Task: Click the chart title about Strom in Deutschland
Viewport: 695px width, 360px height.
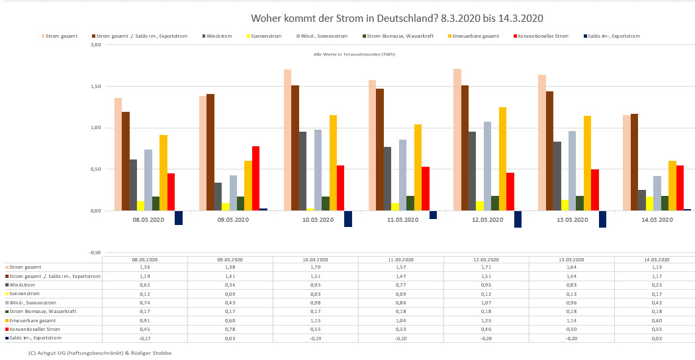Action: (397, 18)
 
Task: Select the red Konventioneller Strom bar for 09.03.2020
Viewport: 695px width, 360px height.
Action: (255, 178)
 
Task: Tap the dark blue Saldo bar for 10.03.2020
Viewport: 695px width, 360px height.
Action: (348, 218)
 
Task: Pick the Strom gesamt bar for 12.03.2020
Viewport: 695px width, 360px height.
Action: (457, 140)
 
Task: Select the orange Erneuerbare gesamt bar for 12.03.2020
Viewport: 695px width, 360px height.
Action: (503, 159)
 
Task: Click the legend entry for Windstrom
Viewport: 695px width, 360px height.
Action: (217, 36)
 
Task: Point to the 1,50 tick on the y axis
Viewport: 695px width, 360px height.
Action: (95, 86)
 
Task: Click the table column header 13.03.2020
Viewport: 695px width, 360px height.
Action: (571, 260)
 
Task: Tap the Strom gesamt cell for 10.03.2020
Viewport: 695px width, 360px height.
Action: (315, 267)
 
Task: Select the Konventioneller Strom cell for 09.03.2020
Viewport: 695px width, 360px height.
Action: (230, 329)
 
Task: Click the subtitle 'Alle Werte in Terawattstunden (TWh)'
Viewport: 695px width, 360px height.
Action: (354, 54)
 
